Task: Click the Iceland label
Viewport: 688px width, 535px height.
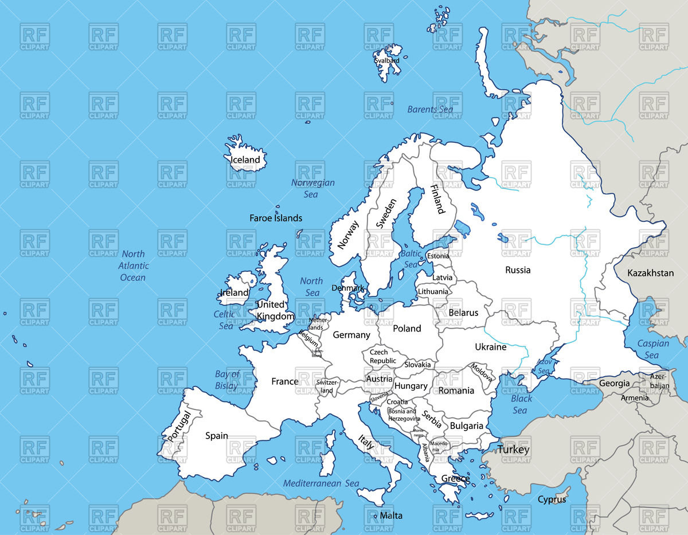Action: tap(245, 159)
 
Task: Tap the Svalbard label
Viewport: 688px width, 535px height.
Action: tap(386, 60)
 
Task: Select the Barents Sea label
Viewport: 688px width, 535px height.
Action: tap(430, 109)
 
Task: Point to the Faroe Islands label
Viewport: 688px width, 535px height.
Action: tap(276, 218)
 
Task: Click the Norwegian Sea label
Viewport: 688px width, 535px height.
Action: tap(312, 189)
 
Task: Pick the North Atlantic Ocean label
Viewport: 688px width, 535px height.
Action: tap(133, 265)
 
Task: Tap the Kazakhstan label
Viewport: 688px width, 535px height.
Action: tap(650, 273)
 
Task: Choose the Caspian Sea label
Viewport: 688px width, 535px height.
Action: tap(653, 349)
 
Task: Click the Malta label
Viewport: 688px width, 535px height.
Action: tap(391, 516)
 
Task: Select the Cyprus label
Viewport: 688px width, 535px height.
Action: tap(552, 499)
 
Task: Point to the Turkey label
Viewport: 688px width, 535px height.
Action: tap(513, 450)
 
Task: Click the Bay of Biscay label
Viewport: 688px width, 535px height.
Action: tap(227, 380)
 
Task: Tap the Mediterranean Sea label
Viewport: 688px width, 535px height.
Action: tap(321, 483)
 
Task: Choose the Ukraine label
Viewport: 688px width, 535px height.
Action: tap(491, 347)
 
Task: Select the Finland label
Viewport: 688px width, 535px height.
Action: tap(437, 199)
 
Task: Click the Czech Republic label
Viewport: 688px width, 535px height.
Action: tap(382, 356)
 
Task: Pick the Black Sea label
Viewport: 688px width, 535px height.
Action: tap(521, 404)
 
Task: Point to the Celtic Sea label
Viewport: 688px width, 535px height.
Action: tap(225, 320)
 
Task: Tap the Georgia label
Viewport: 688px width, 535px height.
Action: tap(614, 383)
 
